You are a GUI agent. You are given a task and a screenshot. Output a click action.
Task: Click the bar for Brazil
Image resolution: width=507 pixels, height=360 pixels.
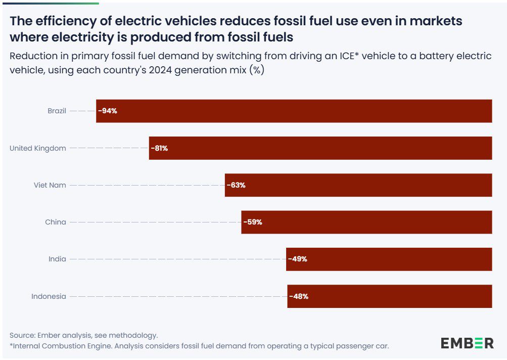(294, 111)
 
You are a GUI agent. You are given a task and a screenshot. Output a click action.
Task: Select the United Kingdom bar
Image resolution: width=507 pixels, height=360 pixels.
(320, 148)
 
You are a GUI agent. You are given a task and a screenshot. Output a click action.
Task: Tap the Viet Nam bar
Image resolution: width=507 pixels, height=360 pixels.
(358, 185)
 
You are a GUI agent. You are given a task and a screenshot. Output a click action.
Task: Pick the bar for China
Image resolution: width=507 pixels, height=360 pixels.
(366, 222)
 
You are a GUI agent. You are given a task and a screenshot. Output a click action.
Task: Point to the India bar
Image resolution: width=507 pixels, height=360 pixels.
(389, 259)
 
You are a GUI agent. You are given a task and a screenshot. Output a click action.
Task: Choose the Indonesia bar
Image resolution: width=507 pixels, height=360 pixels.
(389, 296)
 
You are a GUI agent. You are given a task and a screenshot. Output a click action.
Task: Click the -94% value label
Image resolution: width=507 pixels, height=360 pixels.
(108, 111)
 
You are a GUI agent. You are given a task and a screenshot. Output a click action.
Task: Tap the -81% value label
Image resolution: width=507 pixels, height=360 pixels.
(159, 148)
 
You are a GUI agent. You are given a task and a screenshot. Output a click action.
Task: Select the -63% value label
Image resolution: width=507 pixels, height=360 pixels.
(236, 185)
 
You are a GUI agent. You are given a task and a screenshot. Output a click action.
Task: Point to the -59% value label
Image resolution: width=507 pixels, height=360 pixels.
(253, 222)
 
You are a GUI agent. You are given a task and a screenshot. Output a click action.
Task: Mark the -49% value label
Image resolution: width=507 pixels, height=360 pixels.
(298, 259)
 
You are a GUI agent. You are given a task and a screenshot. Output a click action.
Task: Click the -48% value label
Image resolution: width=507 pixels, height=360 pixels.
(299, 296)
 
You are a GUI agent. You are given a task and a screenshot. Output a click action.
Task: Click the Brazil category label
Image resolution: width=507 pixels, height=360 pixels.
(57, 111)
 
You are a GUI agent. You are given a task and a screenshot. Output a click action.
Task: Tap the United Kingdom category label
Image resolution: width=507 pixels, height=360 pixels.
(38, 148)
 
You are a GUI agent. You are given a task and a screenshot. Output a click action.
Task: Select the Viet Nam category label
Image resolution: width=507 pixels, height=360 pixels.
(50, 185)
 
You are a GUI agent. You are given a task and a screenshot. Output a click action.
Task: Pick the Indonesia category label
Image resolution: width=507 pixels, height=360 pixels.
(49, 296)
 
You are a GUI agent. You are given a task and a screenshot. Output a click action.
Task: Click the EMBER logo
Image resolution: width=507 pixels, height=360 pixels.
(467, 343)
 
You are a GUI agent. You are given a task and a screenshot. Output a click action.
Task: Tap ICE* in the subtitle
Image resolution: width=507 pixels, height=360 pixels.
(346, 56)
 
